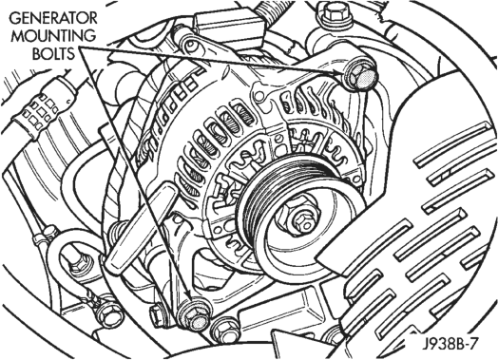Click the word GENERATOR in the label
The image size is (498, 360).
tap(53, 18)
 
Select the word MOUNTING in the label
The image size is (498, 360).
tap(53, 36)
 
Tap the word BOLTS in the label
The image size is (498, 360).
tap(53, 53)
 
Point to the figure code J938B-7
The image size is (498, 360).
tap(450, 344)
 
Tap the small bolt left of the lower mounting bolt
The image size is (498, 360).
tap(157, 316)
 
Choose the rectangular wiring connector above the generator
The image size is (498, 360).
tap(229, 26)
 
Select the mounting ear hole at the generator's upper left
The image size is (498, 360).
tap(191, 44)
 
